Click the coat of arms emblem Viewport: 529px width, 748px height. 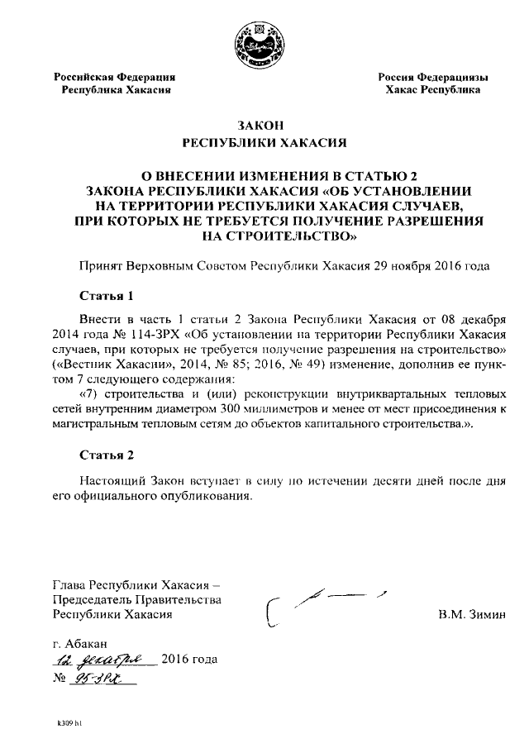(264, 39)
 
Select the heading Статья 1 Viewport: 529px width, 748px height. (106, 295)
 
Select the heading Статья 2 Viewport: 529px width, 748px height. (106, 455)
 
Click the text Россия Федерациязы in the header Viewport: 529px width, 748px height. (432, 77)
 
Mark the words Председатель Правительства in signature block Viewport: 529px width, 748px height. (136, 599)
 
